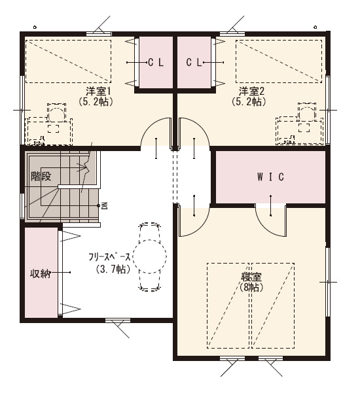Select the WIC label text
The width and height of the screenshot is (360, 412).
[x=270, y=177]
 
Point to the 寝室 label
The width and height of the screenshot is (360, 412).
[x=251, y=277]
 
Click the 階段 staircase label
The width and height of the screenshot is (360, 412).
[x=41, y=176]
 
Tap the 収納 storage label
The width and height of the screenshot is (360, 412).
[x=40, y=274]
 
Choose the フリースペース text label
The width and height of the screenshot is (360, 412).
[x=109, y=257]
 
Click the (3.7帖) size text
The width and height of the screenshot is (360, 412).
[x=113, y=269]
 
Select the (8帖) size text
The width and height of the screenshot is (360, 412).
[x=251, y=287]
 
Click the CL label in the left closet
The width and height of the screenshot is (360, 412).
[x=156, y=63]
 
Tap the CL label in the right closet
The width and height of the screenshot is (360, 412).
[x=194, y=63]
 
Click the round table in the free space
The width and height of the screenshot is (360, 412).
[x=150, y=256]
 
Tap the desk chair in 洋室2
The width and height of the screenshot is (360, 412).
[x=307, y=112]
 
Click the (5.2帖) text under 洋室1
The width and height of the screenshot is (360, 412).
[x=96, y=102]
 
